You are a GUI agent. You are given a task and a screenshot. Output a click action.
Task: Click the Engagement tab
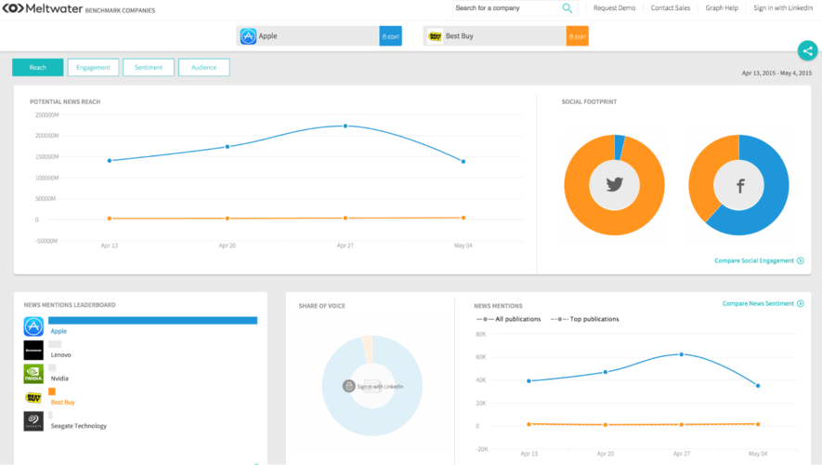point(93,67)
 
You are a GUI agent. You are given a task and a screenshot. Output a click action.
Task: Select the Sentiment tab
point(148,67)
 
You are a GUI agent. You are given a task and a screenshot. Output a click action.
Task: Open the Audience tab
point(203,67)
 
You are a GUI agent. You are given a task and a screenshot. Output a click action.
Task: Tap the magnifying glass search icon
point(567,8)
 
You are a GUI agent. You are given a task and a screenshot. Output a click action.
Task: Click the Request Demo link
point(614,8)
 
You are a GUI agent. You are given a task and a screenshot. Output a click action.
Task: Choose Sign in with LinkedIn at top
point(783,8)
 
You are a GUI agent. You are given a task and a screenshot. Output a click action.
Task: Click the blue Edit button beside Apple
point(391,36)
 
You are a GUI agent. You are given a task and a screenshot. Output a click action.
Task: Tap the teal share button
point(807,51)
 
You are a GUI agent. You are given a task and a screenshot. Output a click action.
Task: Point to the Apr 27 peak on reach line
point(346,126)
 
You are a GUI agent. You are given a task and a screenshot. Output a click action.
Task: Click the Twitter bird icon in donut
point(614,185)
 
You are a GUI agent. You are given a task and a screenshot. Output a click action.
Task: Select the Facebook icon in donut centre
point(740,186)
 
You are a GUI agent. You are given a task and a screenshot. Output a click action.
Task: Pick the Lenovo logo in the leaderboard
point(33,350)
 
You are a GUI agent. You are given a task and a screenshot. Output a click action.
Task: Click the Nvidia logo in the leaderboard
point(33,374)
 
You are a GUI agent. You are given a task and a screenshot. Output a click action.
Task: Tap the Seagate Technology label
point(78,426)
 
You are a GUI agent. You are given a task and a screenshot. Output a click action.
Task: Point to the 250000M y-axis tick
point(46,115)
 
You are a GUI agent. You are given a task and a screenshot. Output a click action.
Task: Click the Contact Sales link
point(670,8)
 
